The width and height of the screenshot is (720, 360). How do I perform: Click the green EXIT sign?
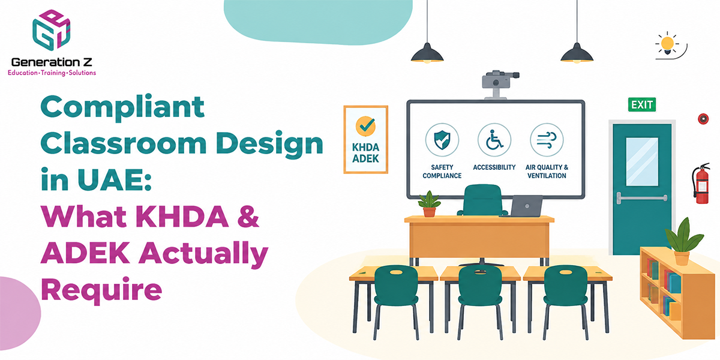pyautogui.click(x=642, y=105)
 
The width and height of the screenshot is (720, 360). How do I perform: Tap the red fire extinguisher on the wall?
pyautogui.click(x=701, y=184)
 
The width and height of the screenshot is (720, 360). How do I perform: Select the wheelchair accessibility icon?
pyautogui.click(x=494, y=140)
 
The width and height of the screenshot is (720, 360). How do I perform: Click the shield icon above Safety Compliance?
pyautogui.click(x=442, y=140)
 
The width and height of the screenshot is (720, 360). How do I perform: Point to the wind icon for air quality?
pyautogui.click(x=547, y=140)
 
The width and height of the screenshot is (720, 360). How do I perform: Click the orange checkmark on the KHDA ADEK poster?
pyautogui.click(x=365, y=125)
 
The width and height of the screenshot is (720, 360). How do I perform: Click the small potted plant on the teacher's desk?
pyautogui.click(x=429, y=204)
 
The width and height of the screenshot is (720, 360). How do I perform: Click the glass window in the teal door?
pyautogui.click(x=642, y=161)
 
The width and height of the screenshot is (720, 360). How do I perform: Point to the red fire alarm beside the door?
pyautogui.click(x=703, y=119)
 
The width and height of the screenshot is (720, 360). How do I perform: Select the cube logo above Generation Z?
pyautogui.click(x=52, y=30)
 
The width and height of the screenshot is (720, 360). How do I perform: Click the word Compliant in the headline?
pyautogui.click(x=122, y=107)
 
